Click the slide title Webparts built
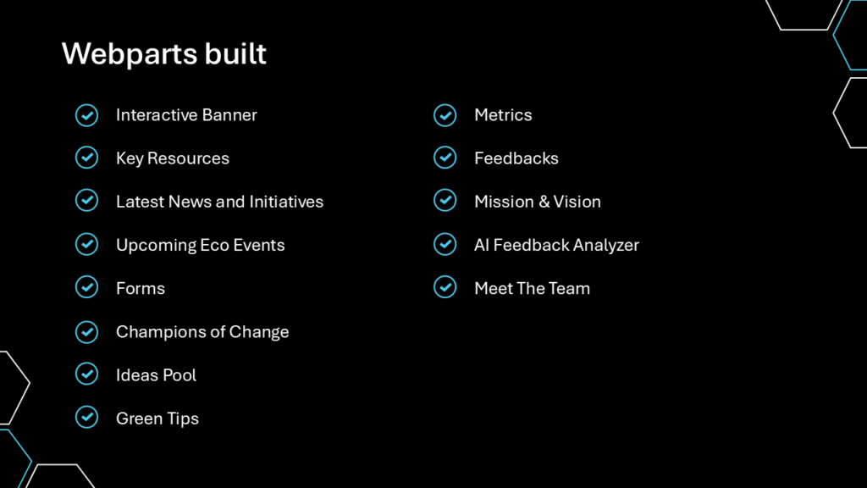(x=164, y=53)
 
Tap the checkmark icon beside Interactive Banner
(x=87, y=115)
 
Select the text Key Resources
(x=173, y=158)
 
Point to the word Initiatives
(x=286, y=202)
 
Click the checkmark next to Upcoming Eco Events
(x=87, y=244)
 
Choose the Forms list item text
(x=141, y=288)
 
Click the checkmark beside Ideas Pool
(x=87, y=374)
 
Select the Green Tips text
(x=157, y=419)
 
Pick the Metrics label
(x=503, y=115)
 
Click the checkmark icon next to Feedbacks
(x=445, y=158)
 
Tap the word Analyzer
(x=606, y=245)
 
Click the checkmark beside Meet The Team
(x=445, y=287)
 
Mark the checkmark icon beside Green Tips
(x=87, y=417)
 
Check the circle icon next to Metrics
(x=445, y=115)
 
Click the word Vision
(x=577, y=202)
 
